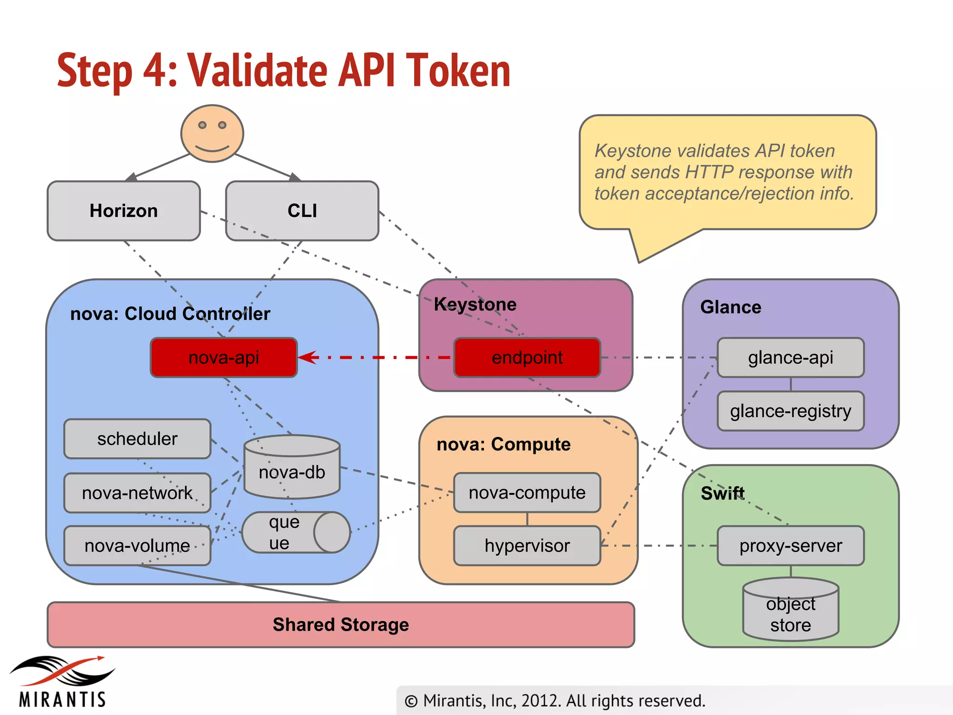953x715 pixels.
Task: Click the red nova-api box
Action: click(224, 357)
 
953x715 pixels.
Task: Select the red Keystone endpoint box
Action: click(527, 357)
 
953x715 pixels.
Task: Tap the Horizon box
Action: click(124, 211)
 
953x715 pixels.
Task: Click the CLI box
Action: click(302, 211)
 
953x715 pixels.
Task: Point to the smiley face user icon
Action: click(212, 134)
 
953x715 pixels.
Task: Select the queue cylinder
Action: click(295, 533)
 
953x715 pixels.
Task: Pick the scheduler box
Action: click(137, 439)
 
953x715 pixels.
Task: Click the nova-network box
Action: click(137, 493)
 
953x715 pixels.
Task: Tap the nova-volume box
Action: click(137, 546)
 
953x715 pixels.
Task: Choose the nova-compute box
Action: click(527, 492)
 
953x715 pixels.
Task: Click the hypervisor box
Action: click(527, 546)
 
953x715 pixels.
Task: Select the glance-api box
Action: click(790, 357)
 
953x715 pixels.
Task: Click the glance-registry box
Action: click(790, 411)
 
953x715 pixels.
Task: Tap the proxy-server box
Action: click(790, 546)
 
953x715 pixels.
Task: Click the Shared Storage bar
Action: click(341, 625)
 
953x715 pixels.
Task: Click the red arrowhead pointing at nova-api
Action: click(307, 357)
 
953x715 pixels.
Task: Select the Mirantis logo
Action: click(62, 682)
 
